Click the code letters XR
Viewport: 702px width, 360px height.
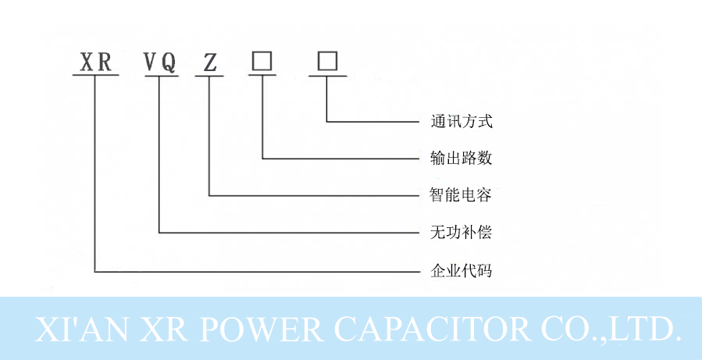click(96, 62)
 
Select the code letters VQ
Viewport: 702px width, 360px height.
click(159, 62)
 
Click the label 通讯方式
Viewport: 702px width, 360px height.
click(461, 122)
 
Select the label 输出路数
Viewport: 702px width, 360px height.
click(461, 159)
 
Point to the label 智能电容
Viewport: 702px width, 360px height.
click(461, 195)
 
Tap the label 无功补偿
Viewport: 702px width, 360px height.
click(461, 233)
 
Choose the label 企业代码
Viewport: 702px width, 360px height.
click(461, 272)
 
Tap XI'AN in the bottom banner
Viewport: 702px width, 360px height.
click(80, 330)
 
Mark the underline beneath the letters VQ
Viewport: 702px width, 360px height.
click(159, 76)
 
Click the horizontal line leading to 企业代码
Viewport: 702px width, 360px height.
click(258, 272)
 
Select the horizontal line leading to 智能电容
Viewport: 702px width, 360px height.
click(312, 195)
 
